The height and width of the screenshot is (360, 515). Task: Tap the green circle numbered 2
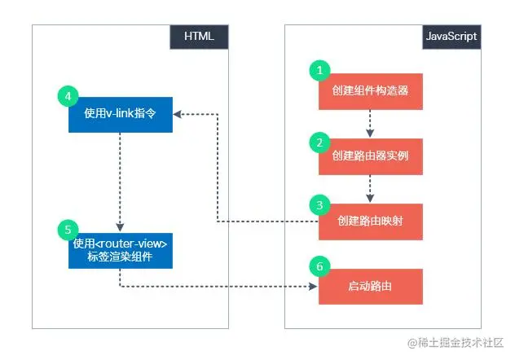(319, 141)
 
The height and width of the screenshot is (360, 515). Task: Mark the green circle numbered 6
(319, 267)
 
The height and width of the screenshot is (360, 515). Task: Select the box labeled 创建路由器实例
(371, 156)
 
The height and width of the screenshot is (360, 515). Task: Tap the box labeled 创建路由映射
(371, 221)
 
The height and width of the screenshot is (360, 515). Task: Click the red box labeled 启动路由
(371, 286)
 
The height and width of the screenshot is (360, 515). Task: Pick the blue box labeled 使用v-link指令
(120, 114)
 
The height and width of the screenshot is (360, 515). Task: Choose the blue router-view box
(120, 250)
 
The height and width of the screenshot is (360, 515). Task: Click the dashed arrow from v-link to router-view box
(120, 180)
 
